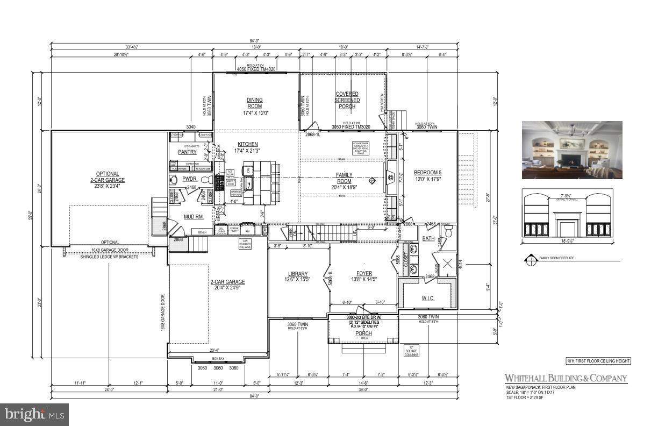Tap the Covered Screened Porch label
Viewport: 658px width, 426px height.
(347, 100)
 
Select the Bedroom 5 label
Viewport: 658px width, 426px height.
(428, 173)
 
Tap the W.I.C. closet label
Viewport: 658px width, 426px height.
(428, 298)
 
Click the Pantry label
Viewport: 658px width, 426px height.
(187, 152)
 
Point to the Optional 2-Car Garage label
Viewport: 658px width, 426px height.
(107, 177)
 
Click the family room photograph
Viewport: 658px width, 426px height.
(572, 150)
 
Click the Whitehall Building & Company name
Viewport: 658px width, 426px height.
(566, 378)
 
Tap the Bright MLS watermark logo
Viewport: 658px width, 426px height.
(34, 414)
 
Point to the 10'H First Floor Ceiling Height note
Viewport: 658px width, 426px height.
(597, 361)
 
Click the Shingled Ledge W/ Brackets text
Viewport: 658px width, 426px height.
(109, 257)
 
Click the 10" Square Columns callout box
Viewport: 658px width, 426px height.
(412, 351)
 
